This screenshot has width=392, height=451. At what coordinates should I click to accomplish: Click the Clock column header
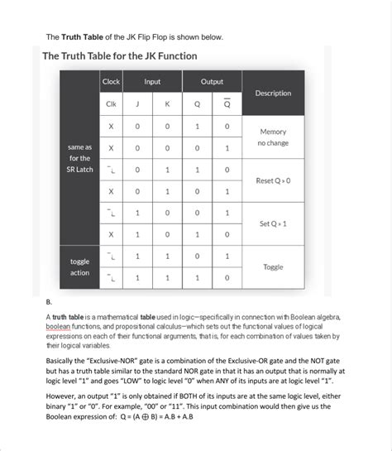pyautogui.click(x=111, y=82)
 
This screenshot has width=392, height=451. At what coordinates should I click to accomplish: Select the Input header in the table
pyautogui.click(x=152, y=82)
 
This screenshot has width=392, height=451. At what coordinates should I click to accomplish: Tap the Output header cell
pyautogui.click(x=211, y=82)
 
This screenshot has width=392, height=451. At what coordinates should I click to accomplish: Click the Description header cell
pyautogui.click(x=273, y=93)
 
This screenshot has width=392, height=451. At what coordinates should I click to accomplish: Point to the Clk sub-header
pyautogui.click(x=111, y=104)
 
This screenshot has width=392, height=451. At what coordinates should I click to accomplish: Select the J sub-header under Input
pyautogui.click(x=137, y=104)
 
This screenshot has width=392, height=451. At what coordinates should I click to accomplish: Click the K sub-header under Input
pyautogui.click(x=167, y=104)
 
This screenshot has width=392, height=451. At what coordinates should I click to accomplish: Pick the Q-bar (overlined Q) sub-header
pyautogui.click(x=227, y=104)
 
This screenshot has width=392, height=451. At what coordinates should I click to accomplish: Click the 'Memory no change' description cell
pyautogui.click(x=273, y=137)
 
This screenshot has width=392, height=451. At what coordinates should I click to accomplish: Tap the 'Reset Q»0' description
pyautogui.click(x=273, y=180)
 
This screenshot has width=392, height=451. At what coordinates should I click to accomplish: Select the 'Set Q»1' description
pyautogui.click(x=273, y=223)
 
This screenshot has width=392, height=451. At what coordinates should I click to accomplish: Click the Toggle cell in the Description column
pyautogui.click(x=273, y=267)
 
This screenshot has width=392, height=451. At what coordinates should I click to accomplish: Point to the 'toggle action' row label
pyautogui.click(x=80, y=266)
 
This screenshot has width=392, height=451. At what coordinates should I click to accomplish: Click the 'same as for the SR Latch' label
pyautogui.click(x=80, y=158)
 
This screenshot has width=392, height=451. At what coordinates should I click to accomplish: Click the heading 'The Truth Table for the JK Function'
pyautogui.click(x=120, y=56)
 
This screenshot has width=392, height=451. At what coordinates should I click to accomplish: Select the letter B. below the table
pyautogui.click(x=49, y=302)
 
